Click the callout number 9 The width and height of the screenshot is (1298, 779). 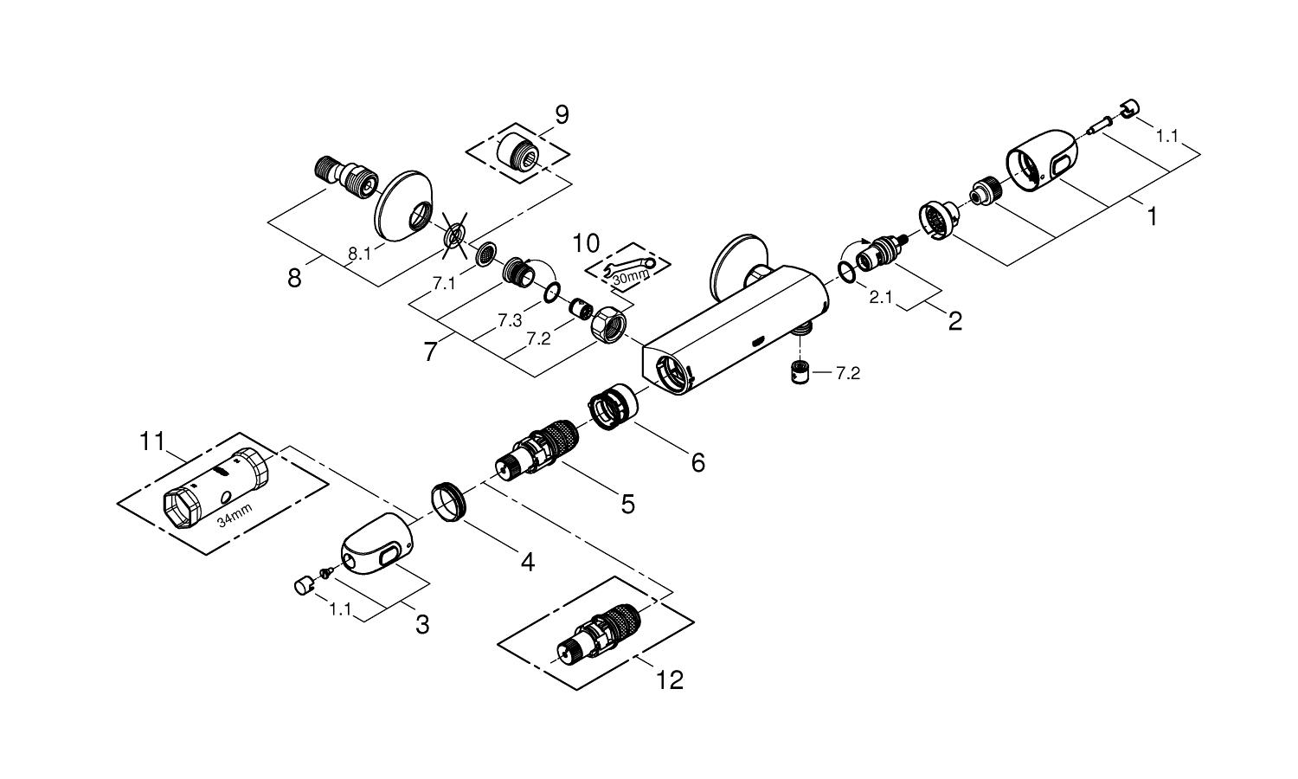562,115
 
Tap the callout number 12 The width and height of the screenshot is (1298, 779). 670,679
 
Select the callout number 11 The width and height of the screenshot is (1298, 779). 152,441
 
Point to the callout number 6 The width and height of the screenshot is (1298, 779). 697,462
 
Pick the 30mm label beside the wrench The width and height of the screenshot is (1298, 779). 630,277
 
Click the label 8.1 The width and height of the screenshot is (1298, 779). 359,254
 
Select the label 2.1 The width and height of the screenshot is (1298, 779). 881,297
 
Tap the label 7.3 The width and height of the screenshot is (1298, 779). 510,320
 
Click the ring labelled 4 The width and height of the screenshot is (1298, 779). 449,503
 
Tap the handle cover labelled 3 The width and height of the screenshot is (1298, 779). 374,550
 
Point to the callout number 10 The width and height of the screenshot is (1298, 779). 586,239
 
